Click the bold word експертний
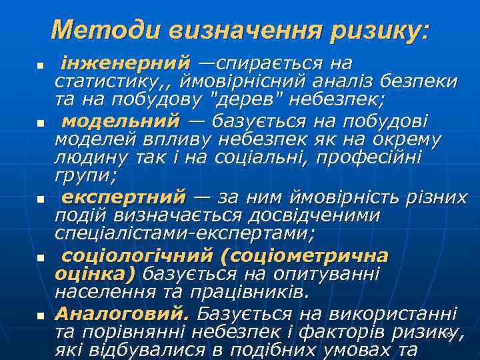(x=123, y=197)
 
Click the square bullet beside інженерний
(x=40, y=67)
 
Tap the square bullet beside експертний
(x=40, y=200)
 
